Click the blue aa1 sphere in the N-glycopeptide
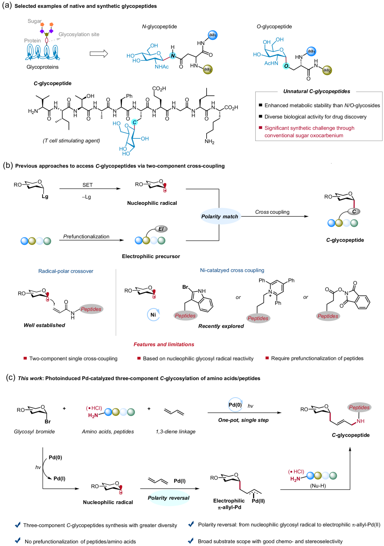pos(212,35)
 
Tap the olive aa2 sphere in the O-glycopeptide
pos(327,70)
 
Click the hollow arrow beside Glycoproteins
pos(99,54)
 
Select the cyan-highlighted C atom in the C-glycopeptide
pos(134,122)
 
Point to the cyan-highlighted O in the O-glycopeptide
pos(286,66)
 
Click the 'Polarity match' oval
pos(219,217)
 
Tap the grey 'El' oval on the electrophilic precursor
pos(161,229)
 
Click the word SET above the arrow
pos(87,185)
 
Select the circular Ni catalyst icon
pos(153,315)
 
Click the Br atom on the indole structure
pos(185,287)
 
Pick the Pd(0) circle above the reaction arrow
pos(235,405)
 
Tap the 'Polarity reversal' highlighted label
pos(169,498)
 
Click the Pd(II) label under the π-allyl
pos(258,501)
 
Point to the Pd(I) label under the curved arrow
pos(59,479)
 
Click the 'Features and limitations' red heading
pos(164,344)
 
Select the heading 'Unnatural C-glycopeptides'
pos(317,91)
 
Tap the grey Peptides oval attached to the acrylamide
pos(91,309)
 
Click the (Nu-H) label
pos(318,486)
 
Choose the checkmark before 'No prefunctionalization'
pos(17,540)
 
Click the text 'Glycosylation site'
pos(79,34)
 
